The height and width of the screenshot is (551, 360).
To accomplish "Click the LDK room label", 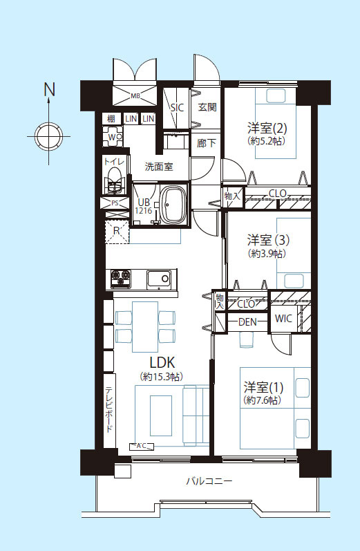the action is pos(162,362).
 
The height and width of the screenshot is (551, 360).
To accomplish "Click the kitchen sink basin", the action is pos(160,279).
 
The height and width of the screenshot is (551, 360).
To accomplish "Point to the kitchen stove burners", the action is pos(120,279).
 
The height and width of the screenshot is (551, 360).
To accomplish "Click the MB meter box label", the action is pos(135,95).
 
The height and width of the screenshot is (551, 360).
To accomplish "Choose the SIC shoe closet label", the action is pos(177,107).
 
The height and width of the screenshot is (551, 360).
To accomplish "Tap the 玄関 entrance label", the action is pos(207,107).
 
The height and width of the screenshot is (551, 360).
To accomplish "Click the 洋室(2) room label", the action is pos(267,128).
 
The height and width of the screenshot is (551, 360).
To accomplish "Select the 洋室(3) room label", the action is pos(268,241).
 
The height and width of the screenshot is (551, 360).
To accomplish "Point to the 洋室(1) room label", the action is pos(263,387).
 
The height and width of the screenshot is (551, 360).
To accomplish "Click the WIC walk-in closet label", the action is pos(283,319).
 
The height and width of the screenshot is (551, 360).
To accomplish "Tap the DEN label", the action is pos(247,322).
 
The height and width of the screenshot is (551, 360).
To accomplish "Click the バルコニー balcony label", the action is pos(209,480).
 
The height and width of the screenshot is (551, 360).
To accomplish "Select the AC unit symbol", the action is pos(142,447).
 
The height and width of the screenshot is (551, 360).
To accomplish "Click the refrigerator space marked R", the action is pos(117,231).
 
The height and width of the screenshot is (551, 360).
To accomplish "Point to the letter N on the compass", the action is pos(50,89).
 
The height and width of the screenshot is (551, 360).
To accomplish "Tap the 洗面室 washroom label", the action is pos(159,167).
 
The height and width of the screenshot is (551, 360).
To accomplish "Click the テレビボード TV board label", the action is pos(109,410).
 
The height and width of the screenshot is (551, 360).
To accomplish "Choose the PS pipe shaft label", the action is pos(115,203).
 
